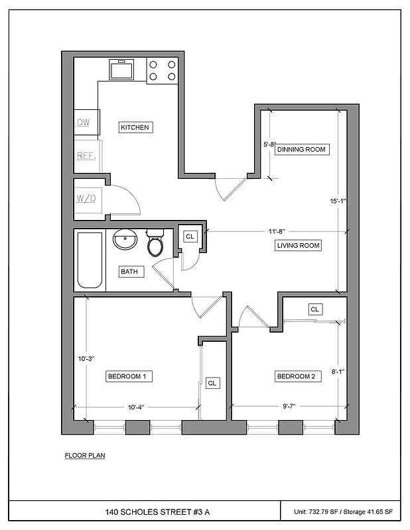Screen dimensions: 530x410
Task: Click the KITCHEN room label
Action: click(x=135, y=127)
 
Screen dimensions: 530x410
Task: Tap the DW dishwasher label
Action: click(x=83, y=122)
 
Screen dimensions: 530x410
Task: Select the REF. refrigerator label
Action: click(x=86, y=156)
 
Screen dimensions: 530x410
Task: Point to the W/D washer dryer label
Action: click(x=86, y=198)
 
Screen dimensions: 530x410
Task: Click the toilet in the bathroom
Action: click(x=155, y=244)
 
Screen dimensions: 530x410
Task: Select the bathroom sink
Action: click(x=124, y=240)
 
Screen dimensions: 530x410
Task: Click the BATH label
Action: click(x=129, y=272)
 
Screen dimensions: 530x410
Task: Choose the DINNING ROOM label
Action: click(x=302, y=149)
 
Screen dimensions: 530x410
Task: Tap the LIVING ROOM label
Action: click(x=298, y=245)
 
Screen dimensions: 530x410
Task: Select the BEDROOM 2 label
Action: click(x=299, y=376)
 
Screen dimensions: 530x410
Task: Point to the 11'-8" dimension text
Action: click(x=277, y=232)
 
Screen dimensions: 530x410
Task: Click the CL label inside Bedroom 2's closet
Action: click(x=314, y=309)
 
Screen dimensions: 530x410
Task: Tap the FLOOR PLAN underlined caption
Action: click(x=84, y=455)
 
